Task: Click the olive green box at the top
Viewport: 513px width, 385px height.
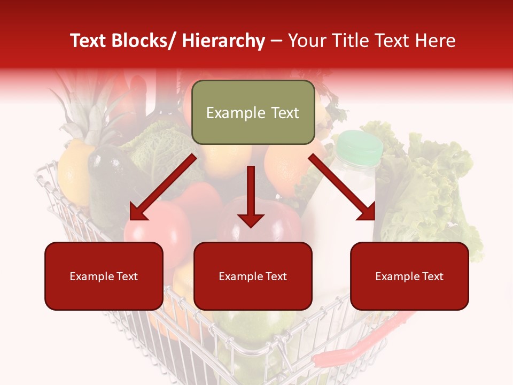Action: pos(253,112)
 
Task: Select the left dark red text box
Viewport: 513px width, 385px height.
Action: pos(104,276)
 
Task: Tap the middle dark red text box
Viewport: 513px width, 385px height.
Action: pos(253,276)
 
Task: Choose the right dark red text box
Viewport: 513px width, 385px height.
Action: pos(409,276)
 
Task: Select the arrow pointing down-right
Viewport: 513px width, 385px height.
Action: pos(342,187)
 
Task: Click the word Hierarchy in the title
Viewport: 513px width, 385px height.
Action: pos(223,41)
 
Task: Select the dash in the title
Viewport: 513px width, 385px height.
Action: pos(276,41)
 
